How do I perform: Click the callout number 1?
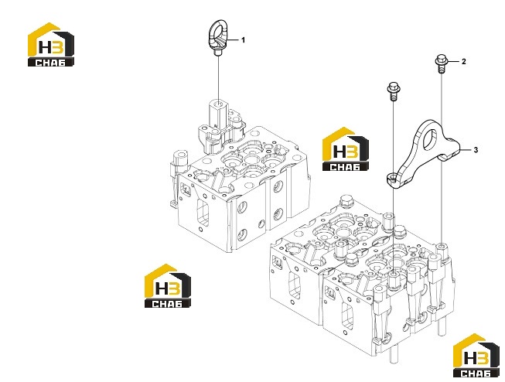pyautogui.click(x=243, y=40)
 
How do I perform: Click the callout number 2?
pyautogui.click(x=463, y=61)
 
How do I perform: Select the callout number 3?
pyautogui.click(x=476, y=150)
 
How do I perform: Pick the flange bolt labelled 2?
pyautogui.click(x=441, y=64)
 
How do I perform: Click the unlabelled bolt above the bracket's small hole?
pyautogui.click(x=393, y=91)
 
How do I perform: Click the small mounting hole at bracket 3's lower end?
pyautogui.click(x=392, y=177)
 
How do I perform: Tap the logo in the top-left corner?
pyautogui.click(x=51, y=44)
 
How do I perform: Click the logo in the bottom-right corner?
pyautogui.click(x=476, y=355)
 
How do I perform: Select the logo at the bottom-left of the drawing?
pyautogui.click(x=168, y=285)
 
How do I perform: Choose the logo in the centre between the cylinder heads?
pyautogui.click(x=346, y=148)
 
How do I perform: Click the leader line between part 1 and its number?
pyautogui.click(x=234, y=40)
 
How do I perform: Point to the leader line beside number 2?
pyautogui.click(x=453, y=61)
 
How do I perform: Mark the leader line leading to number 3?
pyautogui.click(x=466, y=150)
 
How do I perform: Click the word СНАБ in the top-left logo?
pyautogui.click(x=50, y=63)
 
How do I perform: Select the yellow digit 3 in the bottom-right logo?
pyautogui.click(x=483, y=358)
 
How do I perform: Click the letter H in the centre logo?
pyautogui.click(x=339, y=152)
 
